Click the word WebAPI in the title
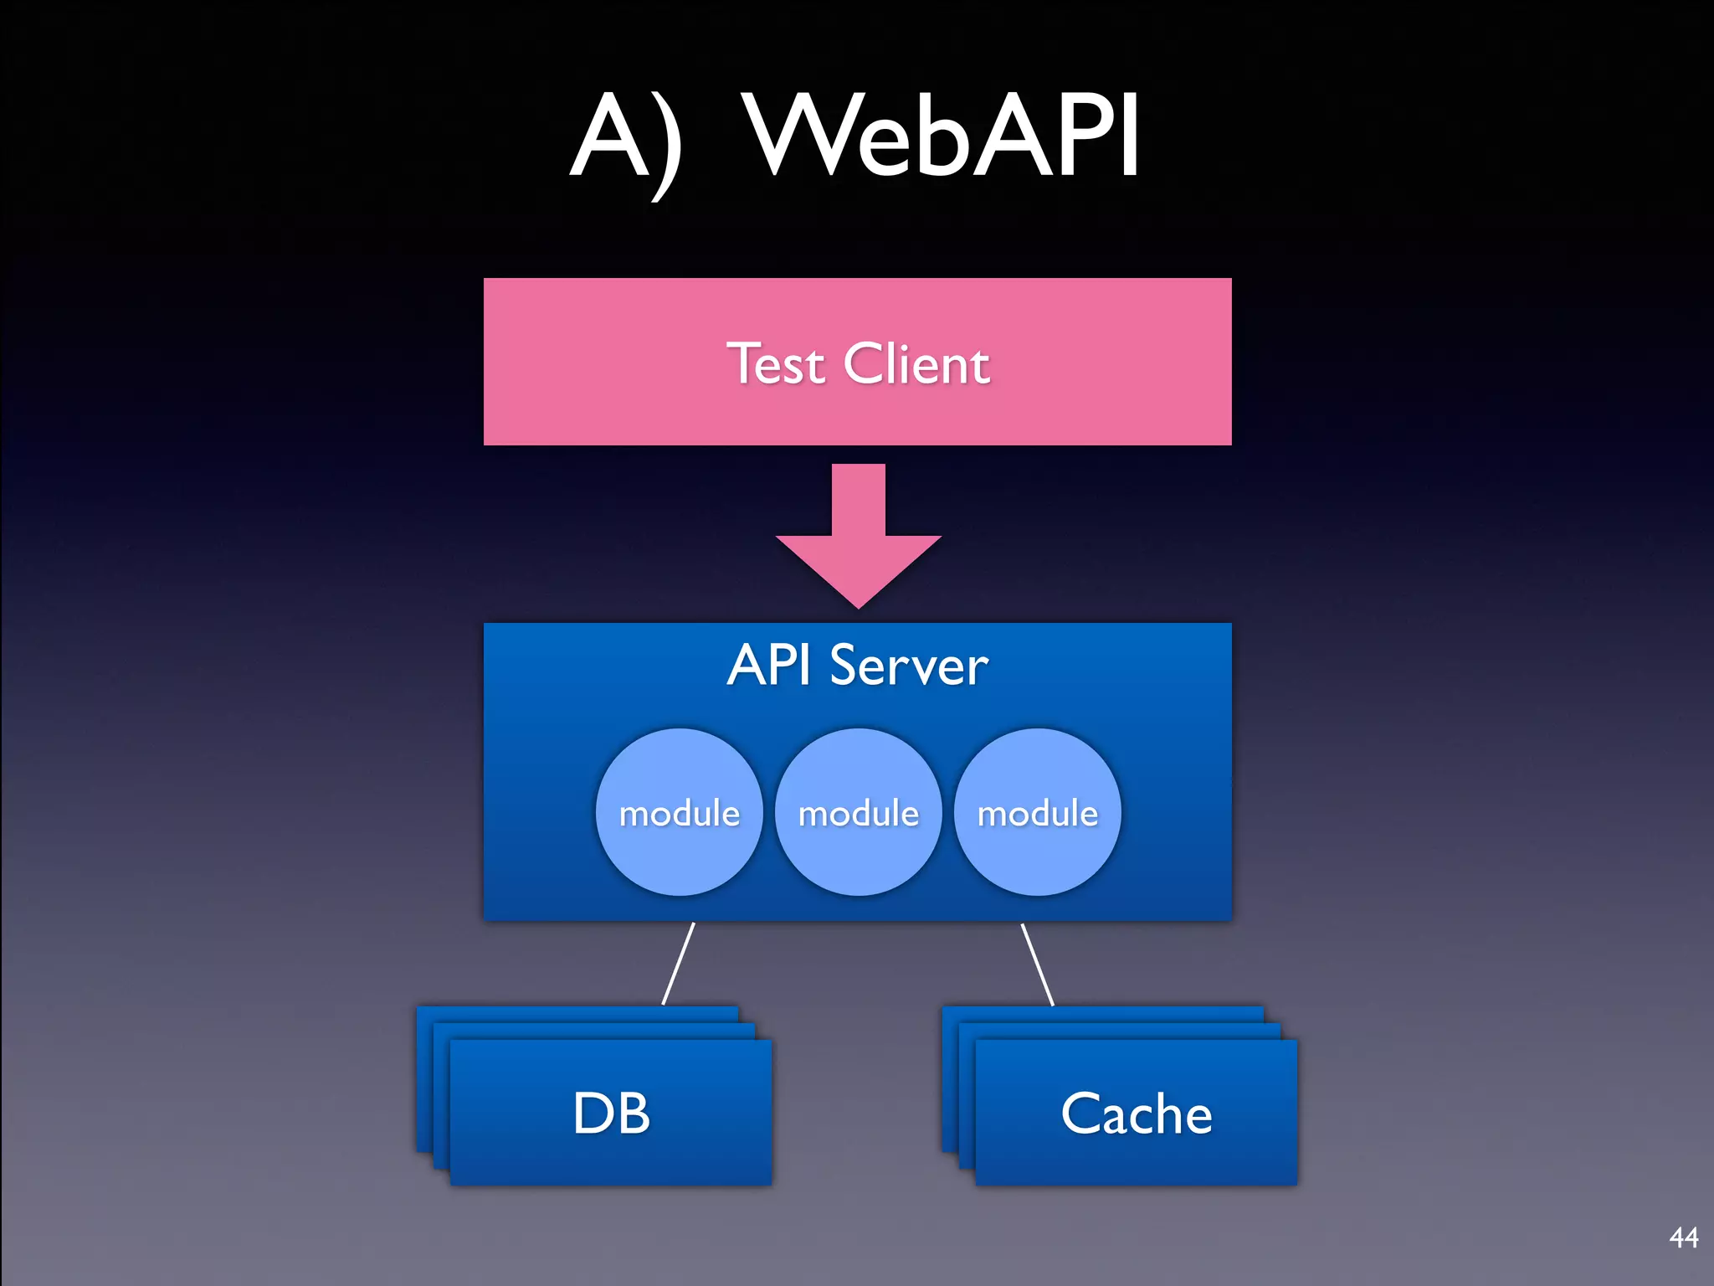(x=942, y=136)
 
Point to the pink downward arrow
(x=858, y=527)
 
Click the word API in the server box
(x=768, y=666)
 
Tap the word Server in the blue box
(x=909, y=667)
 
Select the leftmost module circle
(x=679, y=812)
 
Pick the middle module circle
(x=858, y=812)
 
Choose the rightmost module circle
(x=1037, y=812)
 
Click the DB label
(x=611, y=1114)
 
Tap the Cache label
(x=1136, y=1114)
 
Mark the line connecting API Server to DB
(x=679, y=963)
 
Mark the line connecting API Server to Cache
(x=1038, y=963)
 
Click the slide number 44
(x=1683, y=1237)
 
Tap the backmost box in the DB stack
(x=577, y=1014)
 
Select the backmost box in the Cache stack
(x=1103, y=1014)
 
